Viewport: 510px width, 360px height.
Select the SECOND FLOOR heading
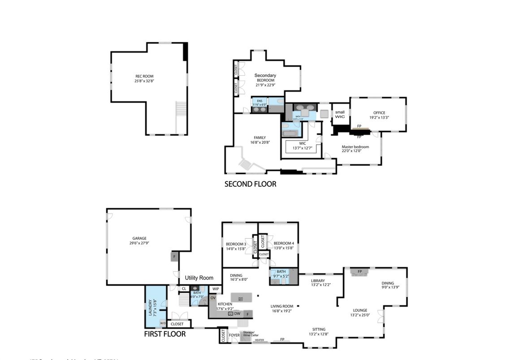coord(250,184)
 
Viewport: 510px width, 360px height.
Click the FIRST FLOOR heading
coord(164,334)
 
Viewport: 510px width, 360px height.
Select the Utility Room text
coord(199,278)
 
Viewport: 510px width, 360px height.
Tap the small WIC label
coord(340,115)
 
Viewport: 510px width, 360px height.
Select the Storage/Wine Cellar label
coord(251,334)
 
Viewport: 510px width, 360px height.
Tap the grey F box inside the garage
coord(173,257)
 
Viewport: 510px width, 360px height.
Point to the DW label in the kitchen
coord(237,313)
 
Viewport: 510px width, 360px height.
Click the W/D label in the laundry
coord(163,323)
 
